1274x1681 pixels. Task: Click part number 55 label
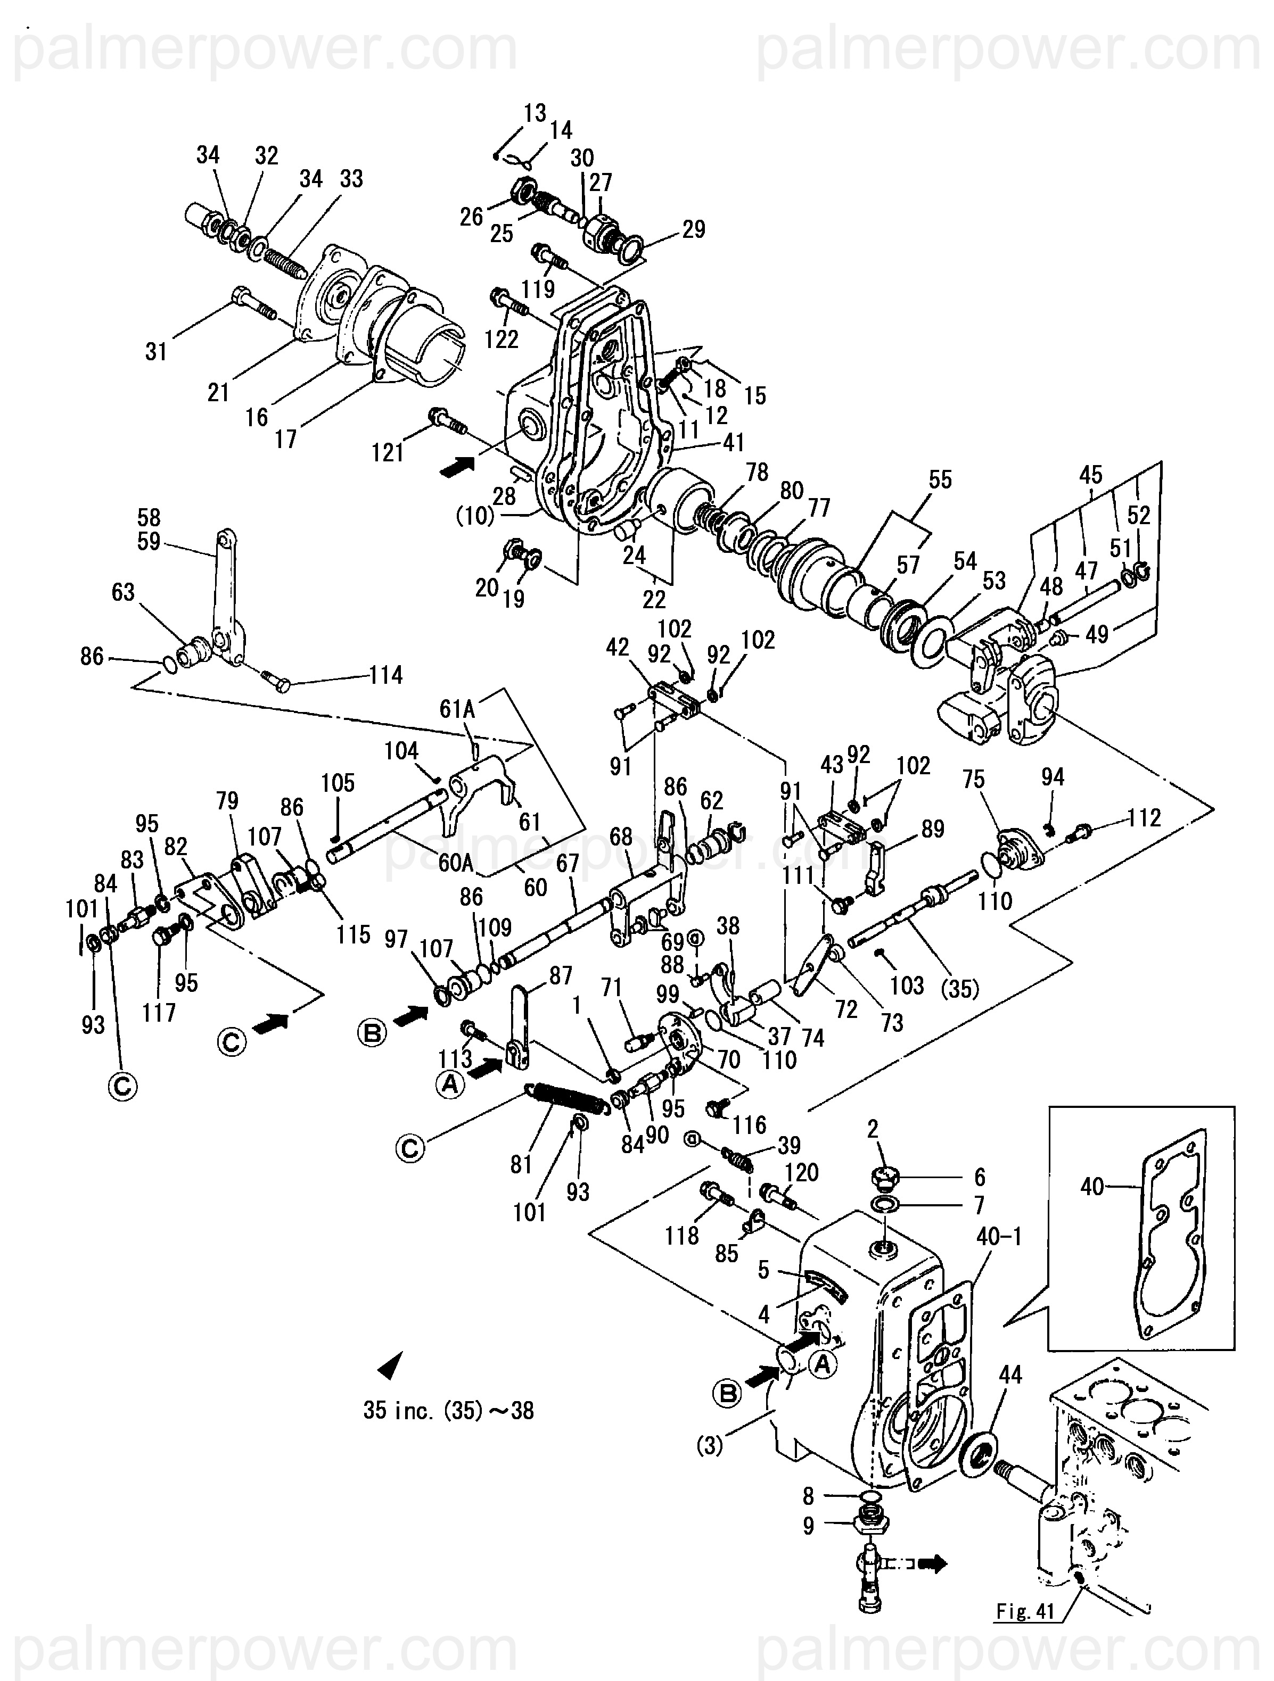[940, 481]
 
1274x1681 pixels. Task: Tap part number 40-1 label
[999, 1237]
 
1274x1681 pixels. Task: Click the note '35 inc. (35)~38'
[448, 1411]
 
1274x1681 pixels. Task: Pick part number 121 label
[388, 453]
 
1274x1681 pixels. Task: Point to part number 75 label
[973, 779]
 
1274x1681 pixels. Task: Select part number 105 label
[338, 783]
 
